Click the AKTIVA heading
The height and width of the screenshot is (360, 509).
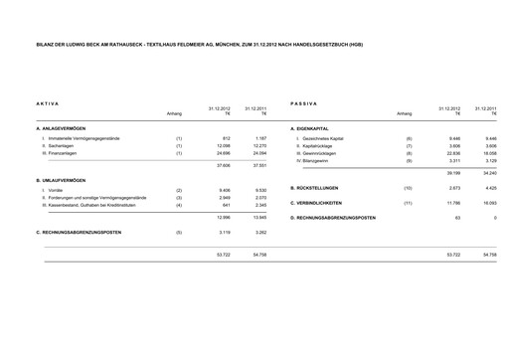point(48,104)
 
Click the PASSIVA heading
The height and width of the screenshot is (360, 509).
point(303,104)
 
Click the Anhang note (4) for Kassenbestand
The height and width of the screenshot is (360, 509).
point(178,205)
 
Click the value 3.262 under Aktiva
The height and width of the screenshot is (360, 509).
point(258,232)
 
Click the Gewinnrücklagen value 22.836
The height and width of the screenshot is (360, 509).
point(455,154)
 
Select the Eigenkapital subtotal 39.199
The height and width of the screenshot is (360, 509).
point(455,174)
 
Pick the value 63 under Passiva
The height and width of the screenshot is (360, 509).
point(458,217)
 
